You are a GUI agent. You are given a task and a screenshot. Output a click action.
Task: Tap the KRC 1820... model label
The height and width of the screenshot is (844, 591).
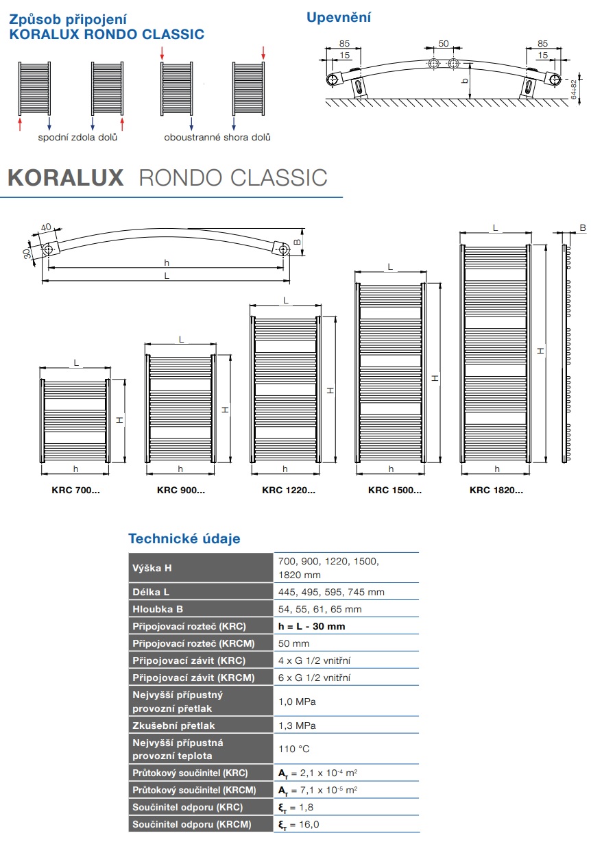tap(496, 490)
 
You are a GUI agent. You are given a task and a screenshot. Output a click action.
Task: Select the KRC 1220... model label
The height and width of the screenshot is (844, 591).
tap(288, 490)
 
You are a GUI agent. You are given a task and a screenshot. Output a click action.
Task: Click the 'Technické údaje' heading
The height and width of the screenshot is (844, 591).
tap(184, 538)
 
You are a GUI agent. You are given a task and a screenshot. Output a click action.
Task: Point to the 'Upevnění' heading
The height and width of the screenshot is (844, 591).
tap(339, 17)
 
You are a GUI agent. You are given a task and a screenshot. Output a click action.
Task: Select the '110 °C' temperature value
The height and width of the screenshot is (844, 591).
tap(294, 749)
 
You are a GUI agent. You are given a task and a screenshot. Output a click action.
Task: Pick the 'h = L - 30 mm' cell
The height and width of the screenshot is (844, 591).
tap(311, 626)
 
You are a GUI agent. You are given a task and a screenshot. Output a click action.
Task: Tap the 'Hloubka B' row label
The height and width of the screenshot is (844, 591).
tap(158, 609)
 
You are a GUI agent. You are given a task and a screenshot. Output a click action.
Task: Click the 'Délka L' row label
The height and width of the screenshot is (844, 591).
tap(152, 592)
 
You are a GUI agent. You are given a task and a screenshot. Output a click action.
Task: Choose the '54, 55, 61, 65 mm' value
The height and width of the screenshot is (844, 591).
tap(320, 609)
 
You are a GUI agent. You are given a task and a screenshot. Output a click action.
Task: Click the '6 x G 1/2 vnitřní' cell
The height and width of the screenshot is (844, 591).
tap(315, 678)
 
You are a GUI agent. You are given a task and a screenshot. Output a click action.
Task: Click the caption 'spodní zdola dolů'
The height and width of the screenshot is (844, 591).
tap(77, 137)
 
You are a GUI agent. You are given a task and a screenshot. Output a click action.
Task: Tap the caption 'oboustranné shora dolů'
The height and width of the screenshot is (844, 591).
tap(217, 137)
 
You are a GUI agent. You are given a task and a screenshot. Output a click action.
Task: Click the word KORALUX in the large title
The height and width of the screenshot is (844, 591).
tap(66, 177)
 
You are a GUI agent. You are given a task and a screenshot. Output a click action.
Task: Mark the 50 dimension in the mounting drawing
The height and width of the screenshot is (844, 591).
tap(444, 44)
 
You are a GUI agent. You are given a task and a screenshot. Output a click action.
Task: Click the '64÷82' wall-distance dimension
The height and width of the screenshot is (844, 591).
tap(573, 90)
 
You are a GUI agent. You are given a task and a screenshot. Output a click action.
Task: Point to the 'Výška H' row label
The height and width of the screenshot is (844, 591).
tap(152, 568)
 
